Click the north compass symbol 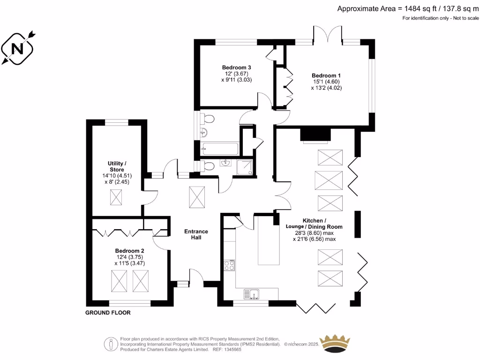[x=18, y=48]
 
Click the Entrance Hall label [x=196, y=234]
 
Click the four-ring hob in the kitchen [x=229, y=265]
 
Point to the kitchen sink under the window [x=252, y=294]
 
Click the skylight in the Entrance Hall [x=197, y=196]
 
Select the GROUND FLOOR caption [x=108, y=313]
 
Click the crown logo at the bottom [x=335, y=344]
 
